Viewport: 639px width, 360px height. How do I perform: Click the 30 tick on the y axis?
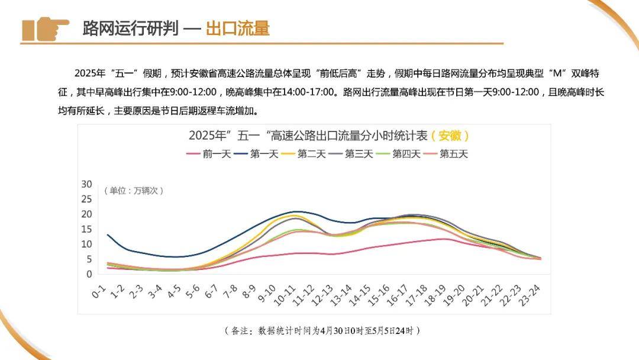pyautogui.click(x=86, y=184)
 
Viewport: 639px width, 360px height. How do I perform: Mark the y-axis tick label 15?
pyautogui.click(x=86, y=229)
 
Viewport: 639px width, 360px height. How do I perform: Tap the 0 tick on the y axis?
pyautogui.click(x=89, y=274)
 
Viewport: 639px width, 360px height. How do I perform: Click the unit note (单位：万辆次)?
pyautogui.click(x=134, y=191)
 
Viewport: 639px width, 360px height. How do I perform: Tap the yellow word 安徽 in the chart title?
pyautogui.click(x=450, y=135)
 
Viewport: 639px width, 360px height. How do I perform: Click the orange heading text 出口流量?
pyautogui.click(x=238, y=28)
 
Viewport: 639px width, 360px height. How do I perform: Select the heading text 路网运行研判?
pyautogui.click(x=130, y=28)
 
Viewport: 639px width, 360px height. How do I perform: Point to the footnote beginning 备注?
pyautogui.click(x=322, y=330)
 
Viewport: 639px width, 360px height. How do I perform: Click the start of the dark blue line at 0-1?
pyautogui.click(x=108, y=235)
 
